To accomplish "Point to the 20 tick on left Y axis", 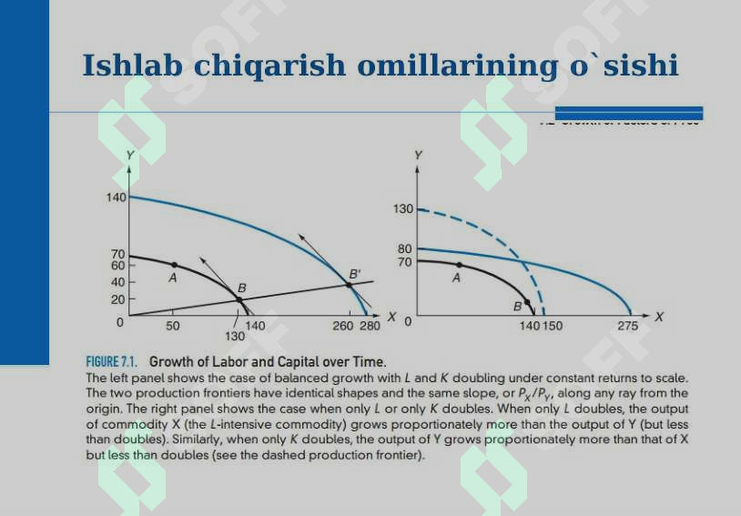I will tap(117, 298).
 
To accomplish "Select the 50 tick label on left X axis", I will tap(172, 325).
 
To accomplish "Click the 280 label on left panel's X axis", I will tap(370, 325).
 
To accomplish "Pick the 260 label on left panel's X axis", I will tap(343, 325).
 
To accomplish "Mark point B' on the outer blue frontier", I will tap(349, 285).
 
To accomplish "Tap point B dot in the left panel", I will tap(239, 298).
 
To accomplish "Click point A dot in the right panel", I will tap(457, 265).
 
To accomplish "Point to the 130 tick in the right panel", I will tap(403, 209).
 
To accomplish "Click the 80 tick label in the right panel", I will tap(405, 248).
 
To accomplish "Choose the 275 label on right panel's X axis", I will tap(627, 325).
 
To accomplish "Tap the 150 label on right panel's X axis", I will tap(553, 325).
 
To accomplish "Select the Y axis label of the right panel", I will tap(418, 156).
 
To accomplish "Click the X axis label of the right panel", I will tap(659, 317).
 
